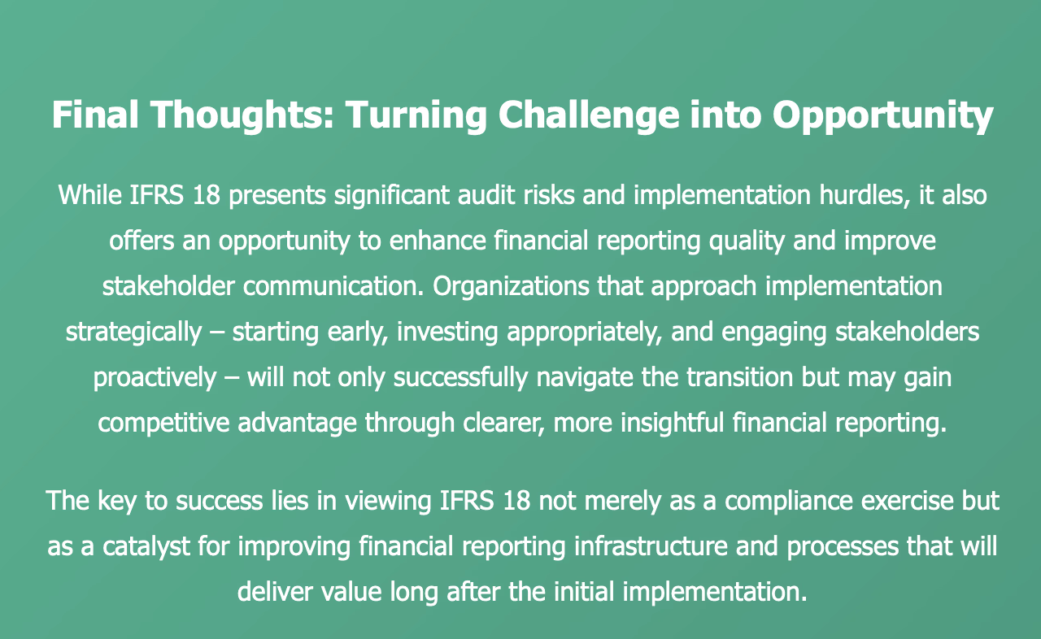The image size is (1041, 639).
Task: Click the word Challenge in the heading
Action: pos(588,115)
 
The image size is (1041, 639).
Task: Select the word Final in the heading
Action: pos(95,115)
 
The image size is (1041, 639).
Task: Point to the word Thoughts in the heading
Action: pos(242,115)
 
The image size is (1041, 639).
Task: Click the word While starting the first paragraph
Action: pos(89,194)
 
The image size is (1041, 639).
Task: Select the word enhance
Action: pos(438,241)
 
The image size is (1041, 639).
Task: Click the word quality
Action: pos(747,241)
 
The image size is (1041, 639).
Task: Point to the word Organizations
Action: pos(511,286)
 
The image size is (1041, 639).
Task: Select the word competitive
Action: pos(163,424)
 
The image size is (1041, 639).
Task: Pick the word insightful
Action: pos(672,424)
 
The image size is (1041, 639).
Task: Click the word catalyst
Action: pos(146,547)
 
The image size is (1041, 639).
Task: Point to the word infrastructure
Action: pos(651,546)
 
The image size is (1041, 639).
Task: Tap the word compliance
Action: pos(788,502)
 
